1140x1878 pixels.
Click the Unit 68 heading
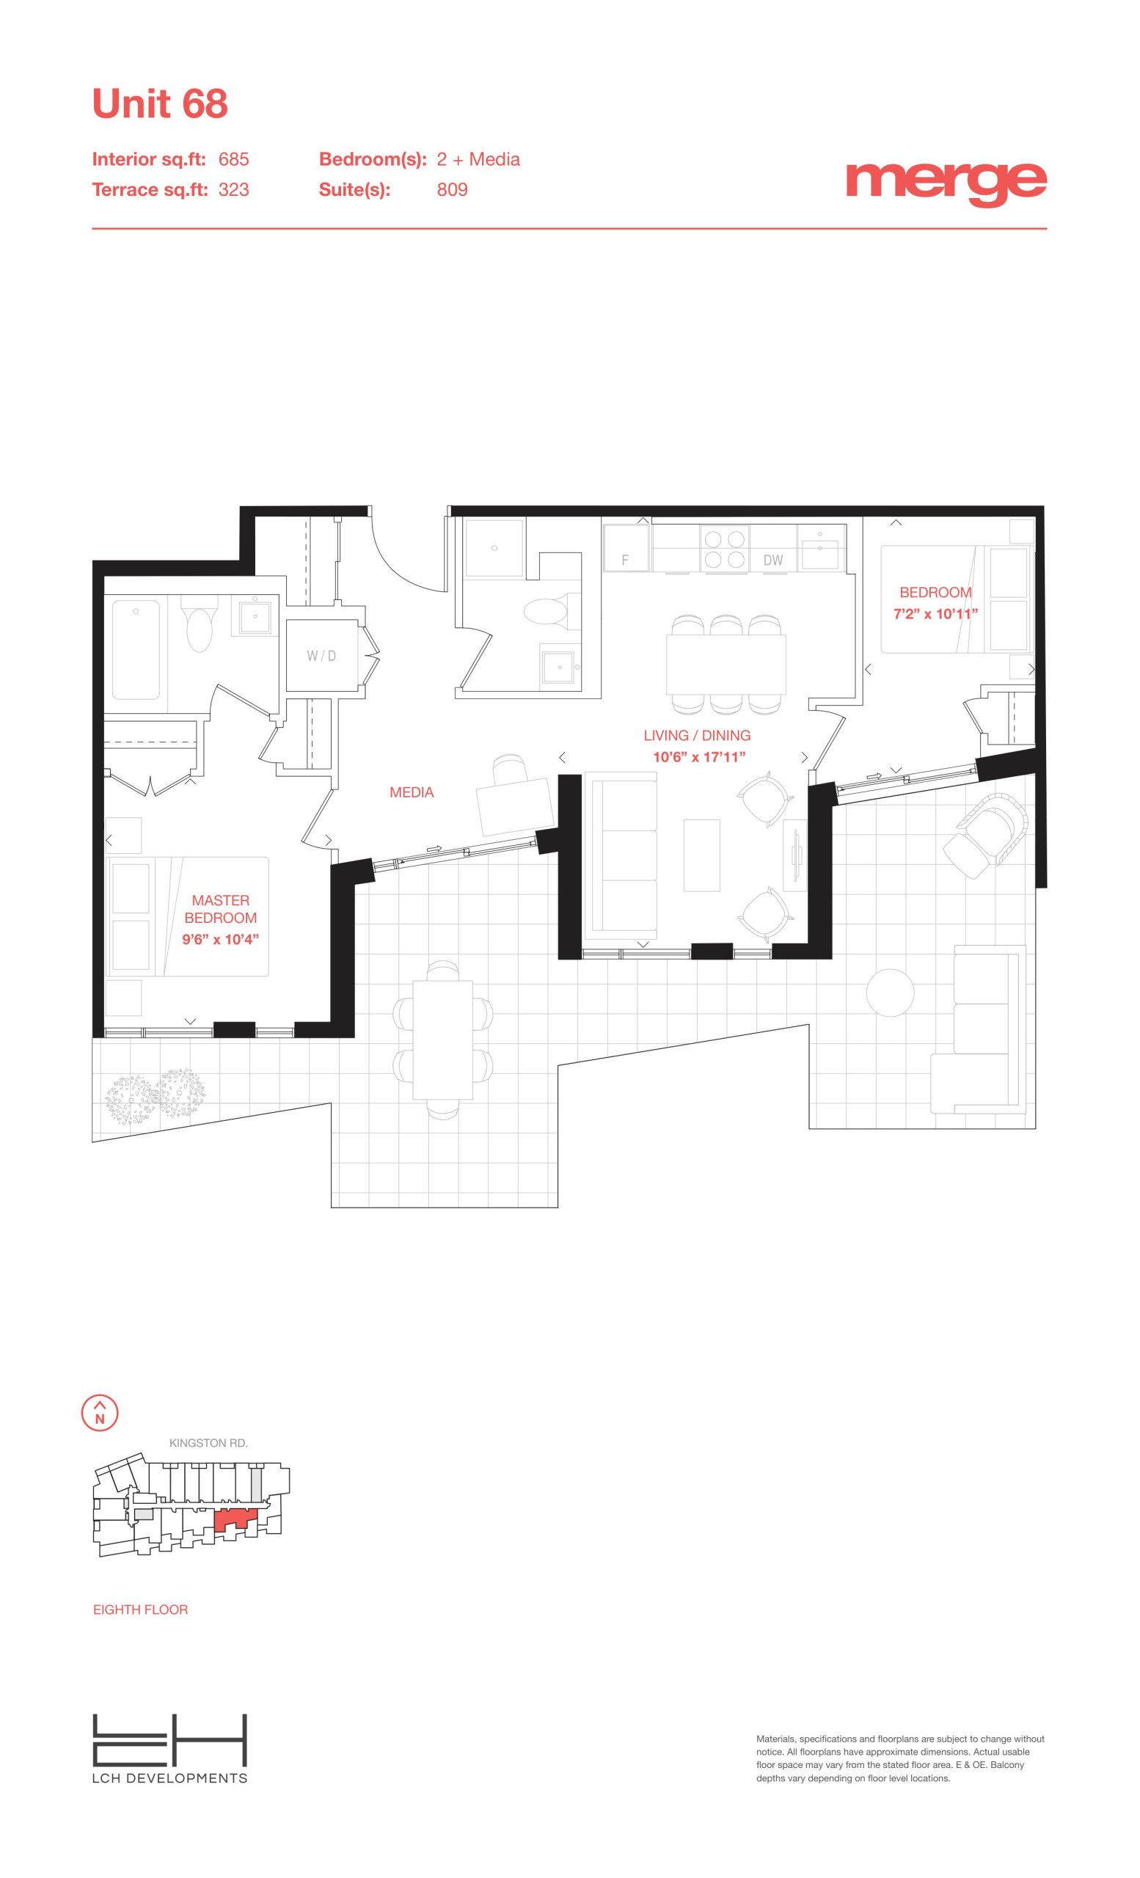(160, 103)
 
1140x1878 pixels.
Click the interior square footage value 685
(234, 159)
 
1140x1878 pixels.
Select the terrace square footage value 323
(234, 190)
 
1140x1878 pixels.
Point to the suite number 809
(452, 190)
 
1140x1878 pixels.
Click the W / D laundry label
(321, 656)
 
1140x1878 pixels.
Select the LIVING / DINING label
(696, 736)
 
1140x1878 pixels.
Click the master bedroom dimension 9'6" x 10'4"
(220, 939)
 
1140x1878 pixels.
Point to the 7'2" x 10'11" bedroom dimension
(935, 613)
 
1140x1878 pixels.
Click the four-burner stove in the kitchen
(724, 549)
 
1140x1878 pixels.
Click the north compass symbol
(100, 1411)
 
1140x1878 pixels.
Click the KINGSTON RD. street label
(209, 1443)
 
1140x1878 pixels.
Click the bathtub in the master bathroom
(136, 649)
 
